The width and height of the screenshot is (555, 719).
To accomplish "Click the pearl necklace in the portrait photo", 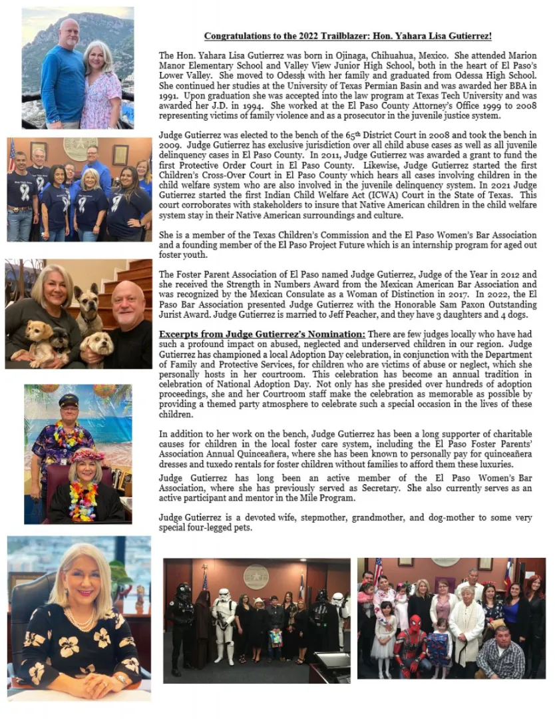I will (x=80, y=619).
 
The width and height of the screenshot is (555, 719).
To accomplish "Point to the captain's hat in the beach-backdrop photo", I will (x=69, y=401).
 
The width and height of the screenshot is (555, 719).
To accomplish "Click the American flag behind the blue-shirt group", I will (x=12, y=156).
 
